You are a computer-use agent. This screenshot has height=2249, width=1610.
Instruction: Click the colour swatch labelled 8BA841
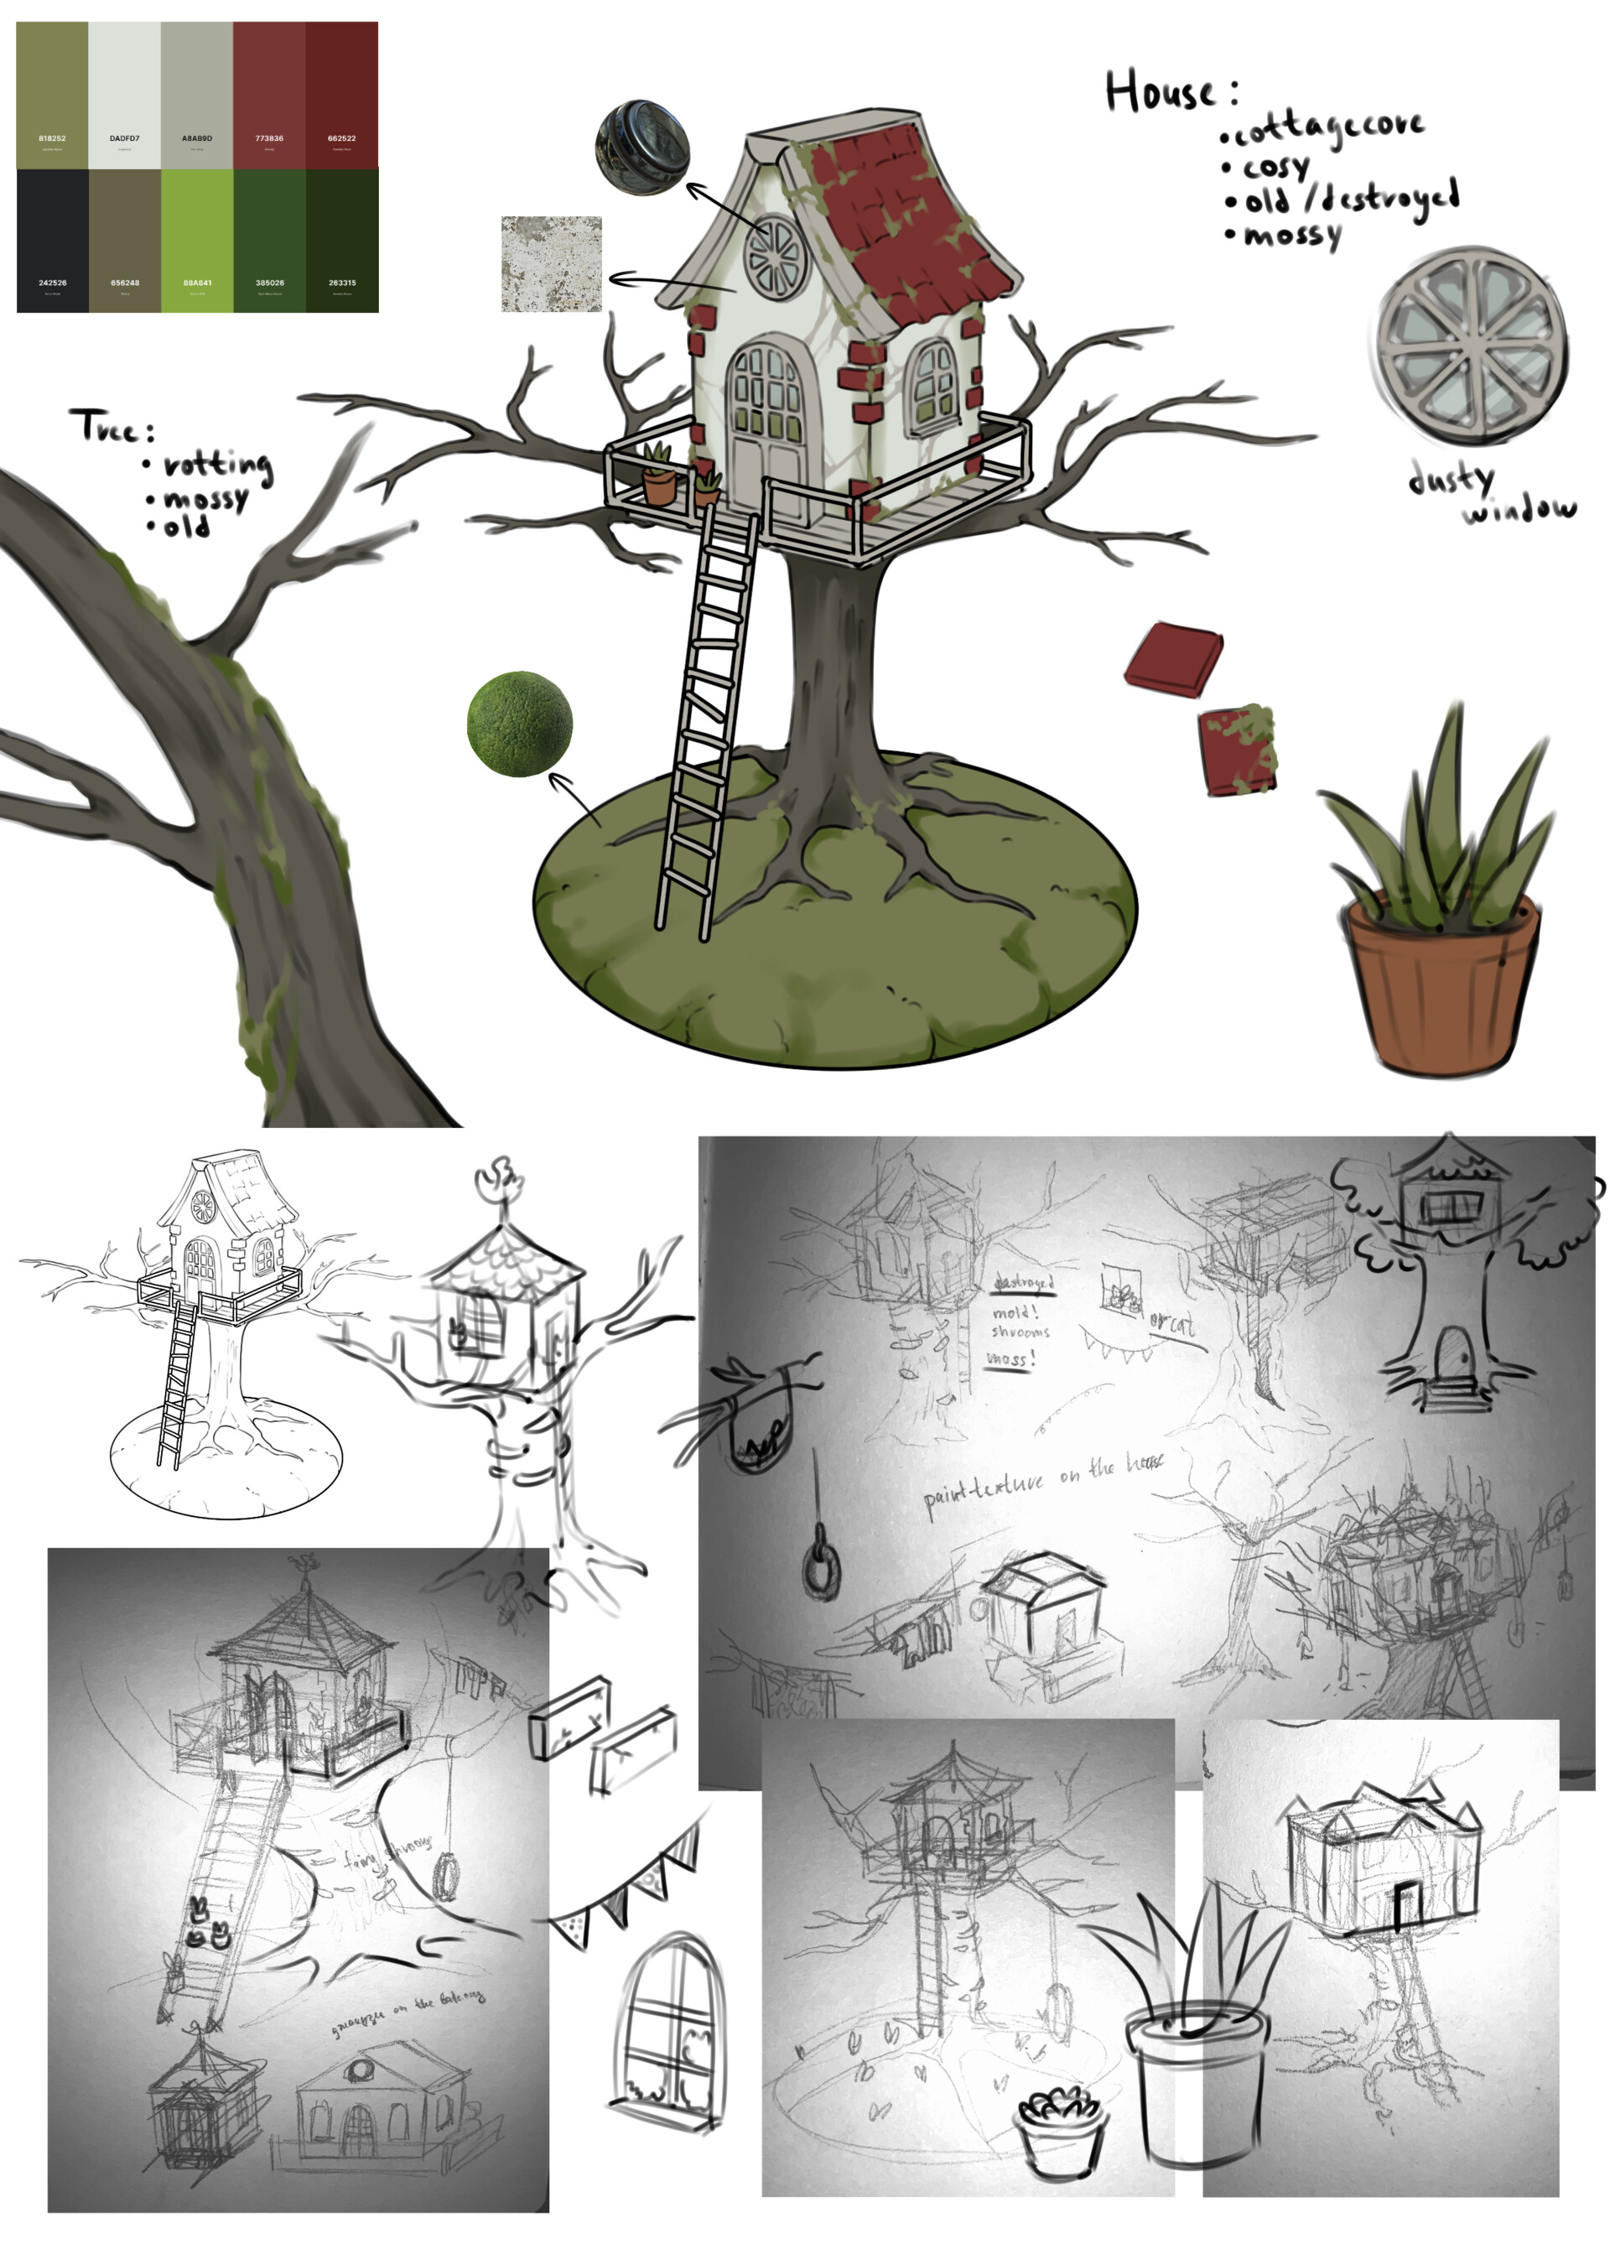pyautogui.click(x=196, y=240)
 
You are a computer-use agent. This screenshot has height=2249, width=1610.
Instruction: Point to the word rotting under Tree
pyautogui.click(x=217, y=464)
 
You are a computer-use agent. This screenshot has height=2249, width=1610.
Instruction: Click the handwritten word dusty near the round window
pyautogui.click(x=1451, y=479)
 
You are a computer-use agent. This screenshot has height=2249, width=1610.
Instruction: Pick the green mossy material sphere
pyautogui.click(x=520, y=724)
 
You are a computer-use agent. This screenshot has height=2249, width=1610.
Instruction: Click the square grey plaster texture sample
pyautogui.click(x=551, y=263)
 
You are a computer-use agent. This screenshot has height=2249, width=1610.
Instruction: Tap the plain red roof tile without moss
pyautogui.click(x=1174, y=658)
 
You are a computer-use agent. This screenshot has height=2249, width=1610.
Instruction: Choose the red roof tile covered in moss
pyautogui.click(x=1237, y=750)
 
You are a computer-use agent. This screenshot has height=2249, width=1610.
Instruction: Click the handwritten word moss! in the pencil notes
pyautogui.click(x=1010, y=1358)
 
